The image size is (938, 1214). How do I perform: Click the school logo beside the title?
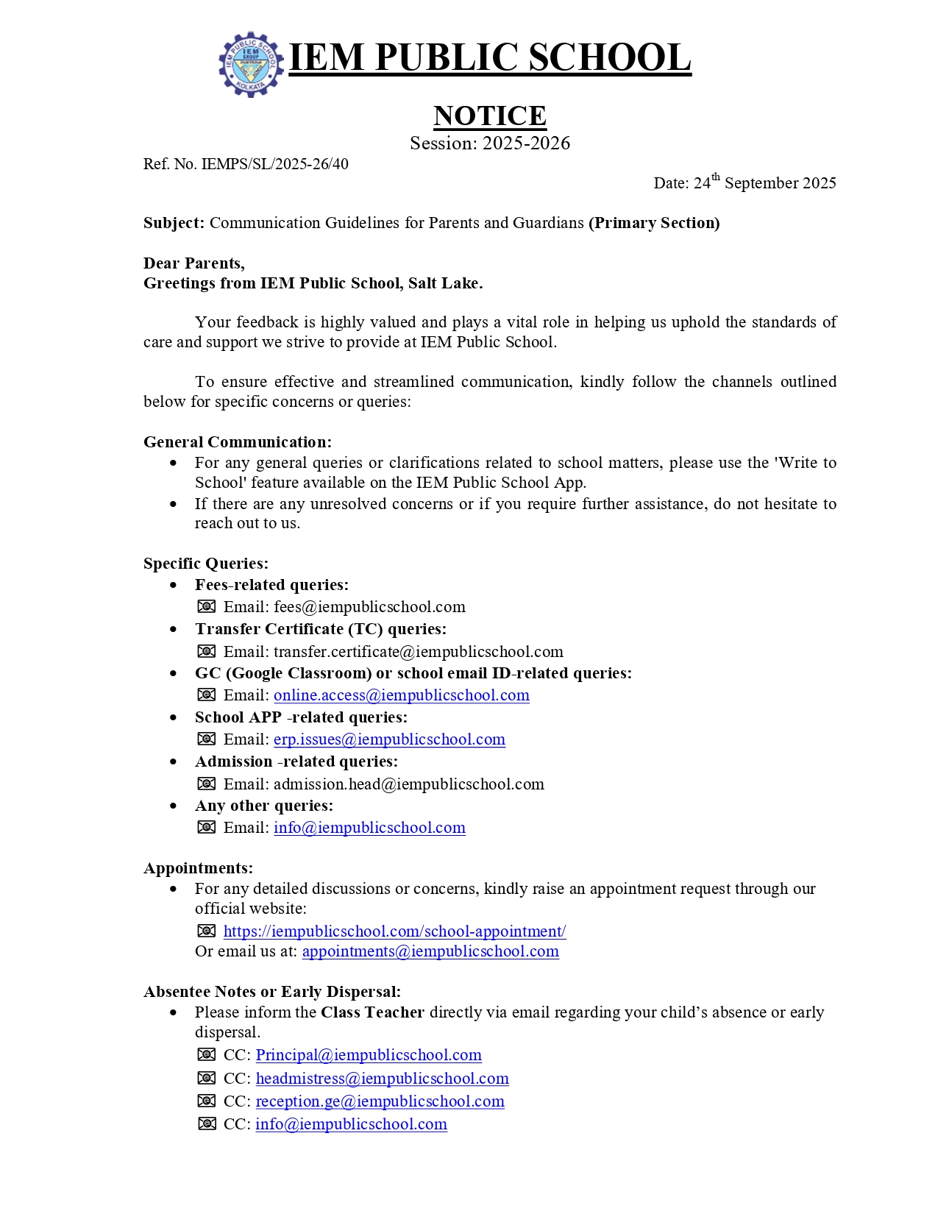click(251, 64)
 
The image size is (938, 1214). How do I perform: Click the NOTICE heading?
click(489, 116)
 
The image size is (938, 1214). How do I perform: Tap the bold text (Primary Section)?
click(654, 223)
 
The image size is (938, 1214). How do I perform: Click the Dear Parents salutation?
click(194, 263)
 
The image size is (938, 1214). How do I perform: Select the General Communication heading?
click(238, 442)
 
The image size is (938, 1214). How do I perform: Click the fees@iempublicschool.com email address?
click(369, 607)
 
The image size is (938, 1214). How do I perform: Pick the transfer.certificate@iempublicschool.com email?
click(418, 652)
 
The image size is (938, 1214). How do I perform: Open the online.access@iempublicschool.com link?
click(402, 695)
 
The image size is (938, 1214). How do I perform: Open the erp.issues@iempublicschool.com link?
click(389, 739)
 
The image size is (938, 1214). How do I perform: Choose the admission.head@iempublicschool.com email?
click(408, 784)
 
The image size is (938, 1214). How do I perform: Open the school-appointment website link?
click(394, 931)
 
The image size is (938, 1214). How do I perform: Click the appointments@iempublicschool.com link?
click(430, 951)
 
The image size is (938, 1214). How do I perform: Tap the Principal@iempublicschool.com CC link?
click(369, 1055)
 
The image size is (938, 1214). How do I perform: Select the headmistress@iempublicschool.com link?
click(382, 1079)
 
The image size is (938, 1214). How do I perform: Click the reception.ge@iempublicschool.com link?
click(380, 1101)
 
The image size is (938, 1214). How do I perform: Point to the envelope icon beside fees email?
click(207, 607)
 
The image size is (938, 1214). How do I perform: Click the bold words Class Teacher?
click(372, 1012)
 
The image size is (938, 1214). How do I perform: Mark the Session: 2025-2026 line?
click(490, 143)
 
